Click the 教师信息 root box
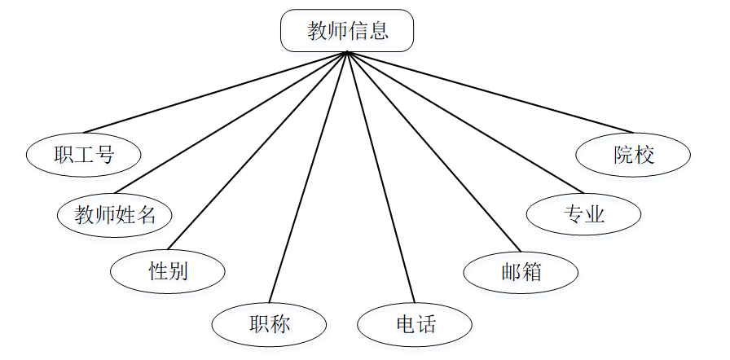(347, 31)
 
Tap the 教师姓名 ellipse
(115, 215)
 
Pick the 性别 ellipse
(168, 270)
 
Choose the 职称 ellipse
(269, 324)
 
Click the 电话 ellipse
(415, 324)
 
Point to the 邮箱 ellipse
(521, 272)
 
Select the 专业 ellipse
(583, 214)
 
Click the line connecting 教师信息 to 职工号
(215, 92)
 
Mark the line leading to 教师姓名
(231, 122)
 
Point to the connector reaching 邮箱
(433, 152)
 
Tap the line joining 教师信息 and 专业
(464, 122)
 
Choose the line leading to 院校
(490, 92)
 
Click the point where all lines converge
(347, 52)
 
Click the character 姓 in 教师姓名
(126, 215)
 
